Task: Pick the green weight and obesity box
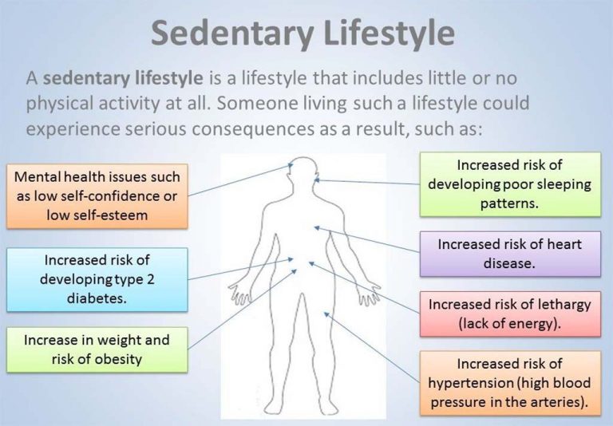click(x=97, y=349)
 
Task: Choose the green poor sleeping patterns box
click(x=510, y=184)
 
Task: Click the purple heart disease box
click(x=509, y=253)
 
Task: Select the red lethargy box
click(x=509, y=314)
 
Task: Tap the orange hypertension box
click(x=509, y=383)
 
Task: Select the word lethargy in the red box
click(x=556, y=304)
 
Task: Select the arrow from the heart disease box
click(x=367, y=239)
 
